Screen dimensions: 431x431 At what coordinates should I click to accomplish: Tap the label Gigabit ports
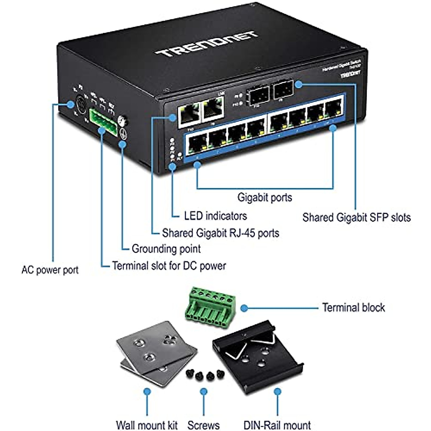coord(265,197)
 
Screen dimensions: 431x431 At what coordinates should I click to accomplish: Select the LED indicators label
coord(215,216)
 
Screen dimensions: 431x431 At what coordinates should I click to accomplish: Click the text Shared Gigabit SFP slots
coord(356,217)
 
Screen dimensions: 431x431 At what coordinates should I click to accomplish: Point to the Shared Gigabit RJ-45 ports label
coord(220,233)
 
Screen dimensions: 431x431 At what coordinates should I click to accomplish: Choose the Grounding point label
coord(166,249)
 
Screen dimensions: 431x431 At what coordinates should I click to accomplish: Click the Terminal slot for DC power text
coord(169,266)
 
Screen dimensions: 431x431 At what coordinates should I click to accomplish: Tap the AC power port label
coord(50,270)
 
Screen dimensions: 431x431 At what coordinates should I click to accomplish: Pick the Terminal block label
coord(353,307)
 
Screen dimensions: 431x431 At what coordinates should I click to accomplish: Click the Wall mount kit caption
coord(147,425)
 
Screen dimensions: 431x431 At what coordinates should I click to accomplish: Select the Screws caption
coord(203,425)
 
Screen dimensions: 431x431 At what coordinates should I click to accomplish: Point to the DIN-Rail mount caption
coord(277,425)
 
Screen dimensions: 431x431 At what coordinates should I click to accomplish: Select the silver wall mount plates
coord(156,354)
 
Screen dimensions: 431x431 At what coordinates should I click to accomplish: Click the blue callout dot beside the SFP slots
coord(299,84)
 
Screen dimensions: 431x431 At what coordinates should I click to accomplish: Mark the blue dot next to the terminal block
coord(244,308)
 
